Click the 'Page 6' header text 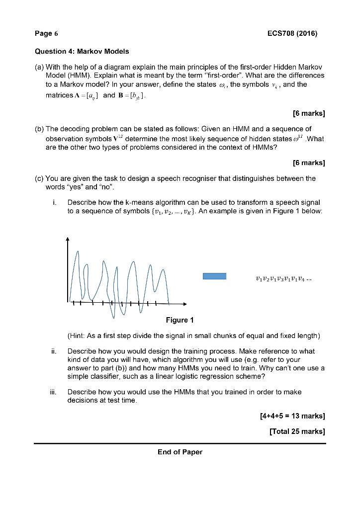pos(46,34)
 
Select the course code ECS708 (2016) pos(292,34)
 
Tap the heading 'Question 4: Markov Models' pos(82,51)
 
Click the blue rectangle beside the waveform pos(214,276)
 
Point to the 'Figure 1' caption pos(180,320)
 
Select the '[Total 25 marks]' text pos(297,431)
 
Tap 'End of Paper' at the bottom pos(180,452)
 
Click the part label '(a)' pos(39,67)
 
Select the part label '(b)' pos(39,129)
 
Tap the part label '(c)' pos(39,178)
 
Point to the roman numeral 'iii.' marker pos(55,392)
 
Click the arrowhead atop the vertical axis pos(68,239)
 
